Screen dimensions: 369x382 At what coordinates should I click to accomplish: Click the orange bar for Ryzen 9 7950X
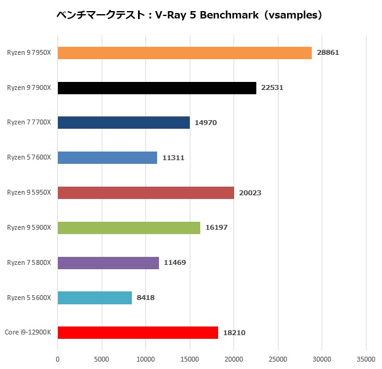click(185, 53)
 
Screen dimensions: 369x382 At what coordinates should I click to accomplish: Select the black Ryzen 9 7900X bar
click(156, 88)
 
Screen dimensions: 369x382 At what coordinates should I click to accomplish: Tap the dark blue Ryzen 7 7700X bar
click(123, 123)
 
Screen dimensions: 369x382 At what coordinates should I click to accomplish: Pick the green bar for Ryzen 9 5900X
click(129, 228)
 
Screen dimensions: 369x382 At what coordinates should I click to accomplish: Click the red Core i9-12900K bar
click(137, 333)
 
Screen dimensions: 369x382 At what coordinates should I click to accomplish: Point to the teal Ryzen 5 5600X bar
click(94, 298)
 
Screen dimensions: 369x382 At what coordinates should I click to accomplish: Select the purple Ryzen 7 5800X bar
click(108, 263)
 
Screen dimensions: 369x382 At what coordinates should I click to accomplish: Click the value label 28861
click(328, 53)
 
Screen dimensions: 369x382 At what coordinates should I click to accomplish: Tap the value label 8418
click(145, 298)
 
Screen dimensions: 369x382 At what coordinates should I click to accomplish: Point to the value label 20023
click(250, 193)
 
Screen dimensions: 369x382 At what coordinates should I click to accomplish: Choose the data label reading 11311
click(173, 158)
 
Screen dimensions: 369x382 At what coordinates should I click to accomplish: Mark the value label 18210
click(234, 333)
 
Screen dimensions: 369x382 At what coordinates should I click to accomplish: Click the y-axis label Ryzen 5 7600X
click(30, 158)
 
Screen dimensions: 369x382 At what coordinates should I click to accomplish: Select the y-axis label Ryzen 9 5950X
click(30, 193)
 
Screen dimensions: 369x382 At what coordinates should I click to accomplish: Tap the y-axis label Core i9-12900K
click(28, 333)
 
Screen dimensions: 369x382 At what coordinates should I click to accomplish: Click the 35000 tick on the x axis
click(366, 359)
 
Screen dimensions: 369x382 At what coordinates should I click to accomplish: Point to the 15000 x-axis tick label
click(190, 359)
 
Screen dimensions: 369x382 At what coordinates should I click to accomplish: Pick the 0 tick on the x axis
click(58, 359)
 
